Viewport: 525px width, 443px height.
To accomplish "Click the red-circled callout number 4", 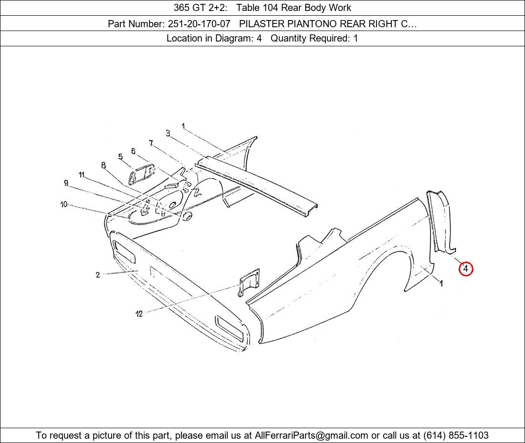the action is (x=466, y=269).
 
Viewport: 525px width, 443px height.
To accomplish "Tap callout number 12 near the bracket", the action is (x=139, y=314).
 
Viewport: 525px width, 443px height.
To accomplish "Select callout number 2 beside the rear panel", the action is (x=97, y=275).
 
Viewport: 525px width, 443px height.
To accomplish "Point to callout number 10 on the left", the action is (x=64, y=204).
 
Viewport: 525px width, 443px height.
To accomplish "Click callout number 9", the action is (x=66, y=183).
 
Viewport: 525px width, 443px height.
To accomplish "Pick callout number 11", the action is (x=81, y=175).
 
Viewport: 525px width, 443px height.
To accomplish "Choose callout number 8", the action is (x=104, y=165).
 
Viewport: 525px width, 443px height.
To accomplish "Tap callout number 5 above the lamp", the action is (x=121, y=157).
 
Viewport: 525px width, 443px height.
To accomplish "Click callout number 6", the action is (x=133, y=151).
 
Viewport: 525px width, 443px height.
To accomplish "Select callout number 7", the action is (x=151, y=143).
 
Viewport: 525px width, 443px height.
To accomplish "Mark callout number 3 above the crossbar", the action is (x=168, y=133).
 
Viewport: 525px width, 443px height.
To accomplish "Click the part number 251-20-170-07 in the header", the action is (x=199, y=24).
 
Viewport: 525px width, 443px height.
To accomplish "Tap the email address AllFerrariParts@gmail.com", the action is (x=311, y=435).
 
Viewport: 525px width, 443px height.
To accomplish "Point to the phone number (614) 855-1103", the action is (x=456, y=435).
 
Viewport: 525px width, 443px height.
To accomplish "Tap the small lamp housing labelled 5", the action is (x=141, y=173).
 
